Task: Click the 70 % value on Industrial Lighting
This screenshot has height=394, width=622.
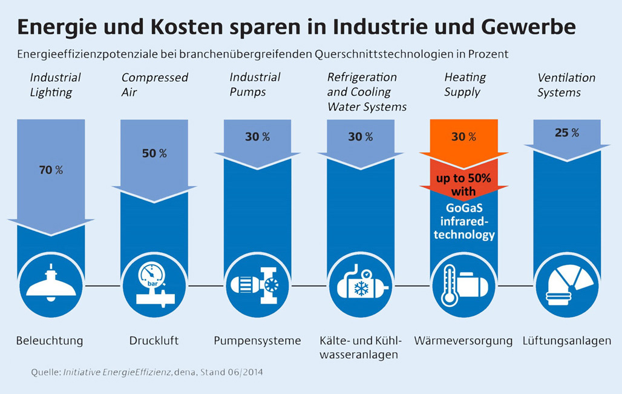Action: (x=51, y=170)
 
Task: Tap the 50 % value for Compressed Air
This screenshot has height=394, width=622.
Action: (x=154, y=153)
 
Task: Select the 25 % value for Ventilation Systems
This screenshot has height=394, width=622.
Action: (x=566, y=133)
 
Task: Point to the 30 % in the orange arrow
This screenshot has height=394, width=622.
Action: (x=463, y=137)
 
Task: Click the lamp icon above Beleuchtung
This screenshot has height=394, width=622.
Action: (x=51, y=284)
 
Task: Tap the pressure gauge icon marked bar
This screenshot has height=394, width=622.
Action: (x=154, y=284)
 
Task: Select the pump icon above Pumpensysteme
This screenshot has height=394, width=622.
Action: (x=257, y=284)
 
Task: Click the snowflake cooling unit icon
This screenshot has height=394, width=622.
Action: (x=360, y=284)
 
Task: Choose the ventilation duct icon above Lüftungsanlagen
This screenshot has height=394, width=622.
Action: (x=566, y=284)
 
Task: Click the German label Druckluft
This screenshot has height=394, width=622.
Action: (x=154, y=341)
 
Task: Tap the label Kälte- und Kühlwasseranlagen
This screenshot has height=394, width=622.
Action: (x=360, y=347)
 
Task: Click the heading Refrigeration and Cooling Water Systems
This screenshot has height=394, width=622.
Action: (x=367, y=92)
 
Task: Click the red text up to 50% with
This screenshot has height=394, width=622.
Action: (x=463, y=185)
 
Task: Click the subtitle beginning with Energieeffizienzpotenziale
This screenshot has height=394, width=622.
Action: (x=263, y=54)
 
